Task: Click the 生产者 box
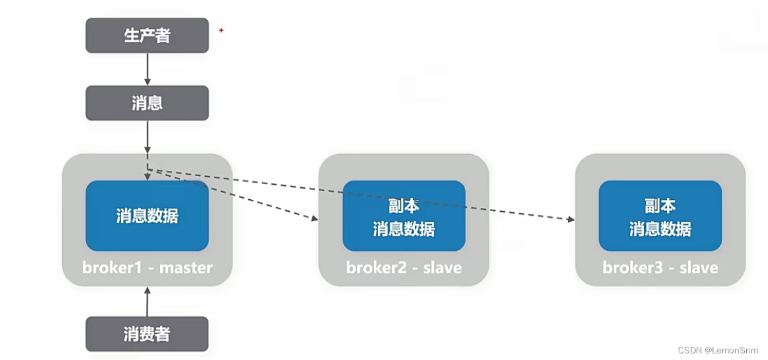[x=147, y=36]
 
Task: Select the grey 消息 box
[x=147, y=103]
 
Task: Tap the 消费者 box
[x=147, y=334]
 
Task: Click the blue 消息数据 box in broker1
[x=147, y=216]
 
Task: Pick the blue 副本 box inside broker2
[x=404, y=216]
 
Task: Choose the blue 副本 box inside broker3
[x=660, y=216]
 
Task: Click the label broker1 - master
[x=147, y=268]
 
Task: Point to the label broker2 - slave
[x=404, y=268]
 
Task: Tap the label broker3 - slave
[x=660, y=268]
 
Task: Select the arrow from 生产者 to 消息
[x=147, y=69]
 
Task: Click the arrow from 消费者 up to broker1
[x=147, y=301]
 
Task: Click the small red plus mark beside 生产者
[x=221, y=30]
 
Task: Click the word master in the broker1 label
[x=187, y=268]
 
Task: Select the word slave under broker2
[x=442, y=268]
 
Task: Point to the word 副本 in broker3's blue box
[x=660, y=205]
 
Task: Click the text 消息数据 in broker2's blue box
[x=404, y=229]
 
